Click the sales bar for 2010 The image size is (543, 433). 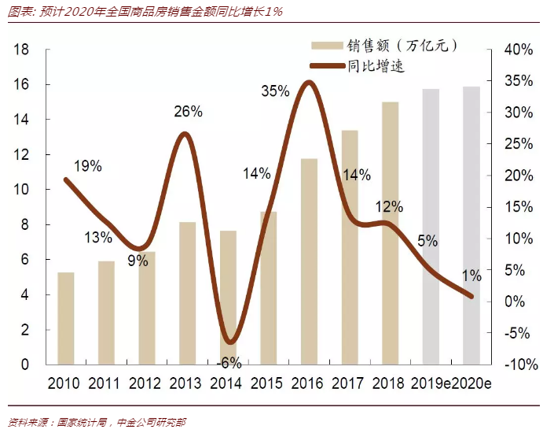pos(66,319)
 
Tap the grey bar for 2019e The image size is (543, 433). pos(431,228)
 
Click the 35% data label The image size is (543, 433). pos(275,91)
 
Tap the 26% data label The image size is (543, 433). pos(189,112)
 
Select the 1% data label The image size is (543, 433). pos(471,276)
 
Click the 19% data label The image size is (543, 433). pos(87,166)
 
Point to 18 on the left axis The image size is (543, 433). pos(22,50)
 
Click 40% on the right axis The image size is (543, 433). pos(518,50)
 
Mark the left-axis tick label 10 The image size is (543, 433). pos(22,190)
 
